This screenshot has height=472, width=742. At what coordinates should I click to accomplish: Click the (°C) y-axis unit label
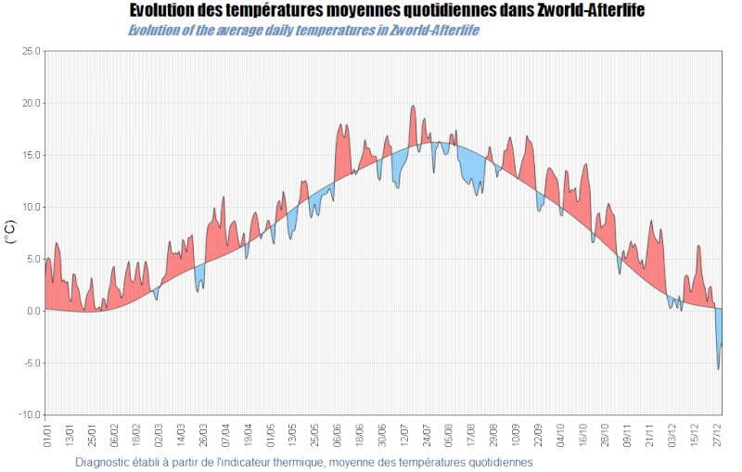click(x=11, y=232)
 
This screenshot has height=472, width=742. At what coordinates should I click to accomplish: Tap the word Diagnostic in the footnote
click(x=103, y=461)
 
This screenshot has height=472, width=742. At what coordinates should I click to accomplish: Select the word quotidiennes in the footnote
click(x=499, y=461)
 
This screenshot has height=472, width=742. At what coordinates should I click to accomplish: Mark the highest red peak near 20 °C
click(x=413, y=107)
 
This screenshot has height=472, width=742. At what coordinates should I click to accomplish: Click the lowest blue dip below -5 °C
click(x=718, y=368)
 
